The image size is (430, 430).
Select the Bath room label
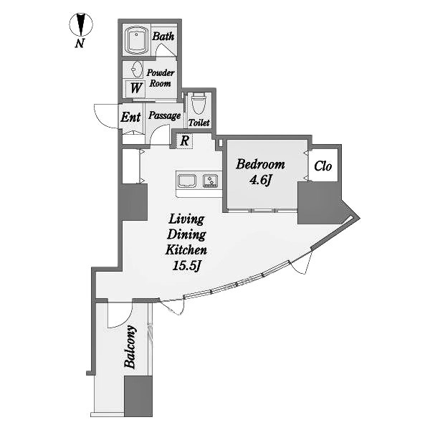tap(163, 37)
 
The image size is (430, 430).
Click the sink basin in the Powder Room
tap(137, 70)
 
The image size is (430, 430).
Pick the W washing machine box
tap(135, 89)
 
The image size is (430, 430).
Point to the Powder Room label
tap(161, 78)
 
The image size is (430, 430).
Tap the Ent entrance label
tap(131, 117)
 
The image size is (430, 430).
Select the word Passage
tap(164, 115)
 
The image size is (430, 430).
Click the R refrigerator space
tap(185, 141)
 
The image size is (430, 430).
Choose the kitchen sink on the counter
tap(187, 181)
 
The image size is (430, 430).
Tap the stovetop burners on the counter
tap(210, 181)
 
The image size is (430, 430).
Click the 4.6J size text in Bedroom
tap(260, 180)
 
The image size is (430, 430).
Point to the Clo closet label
tap(322, 166)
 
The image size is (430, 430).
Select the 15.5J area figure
tap(187, 265)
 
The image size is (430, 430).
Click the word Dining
tap(187, 235)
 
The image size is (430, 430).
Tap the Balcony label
tap(130, 347)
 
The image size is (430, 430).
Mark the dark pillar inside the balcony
tap(138, 396)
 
